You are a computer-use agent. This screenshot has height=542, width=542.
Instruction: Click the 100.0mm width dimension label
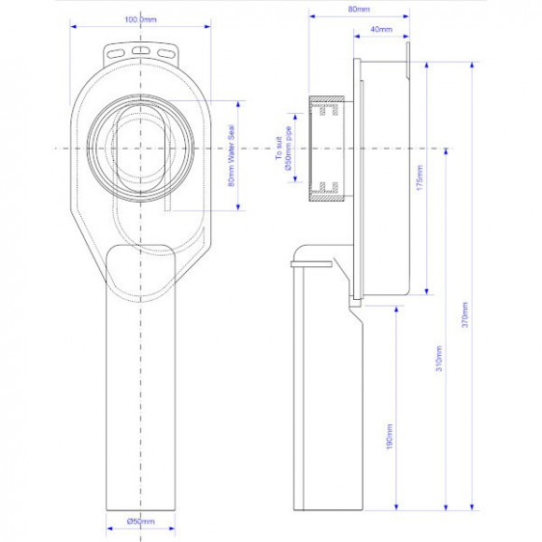pos(140,20)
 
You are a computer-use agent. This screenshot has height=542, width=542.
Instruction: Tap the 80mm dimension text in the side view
pos(359,9)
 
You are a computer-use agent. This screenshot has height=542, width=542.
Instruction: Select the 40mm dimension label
pos(381,29)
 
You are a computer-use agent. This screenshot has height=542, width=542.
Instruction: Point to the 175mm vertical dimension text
pos(420,178)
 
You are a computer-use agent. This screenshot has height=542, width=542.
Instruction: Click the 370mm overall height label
pos(465,315)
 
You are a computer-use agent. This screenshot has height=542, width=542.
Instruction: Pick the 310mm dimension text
pos(439,359)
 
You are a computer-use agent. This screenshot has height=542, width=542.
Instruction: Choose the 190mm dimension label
pos(390,436)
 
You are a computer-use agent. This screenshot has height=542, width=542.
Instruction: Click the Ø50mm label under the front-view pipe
pos(141,521)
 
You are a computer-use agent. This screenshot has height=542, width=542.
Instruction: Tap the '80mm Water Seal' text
pos(231,156)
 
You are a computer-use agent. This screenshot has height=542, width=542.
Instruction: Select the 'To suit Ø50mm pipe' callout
pos(284,148)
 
